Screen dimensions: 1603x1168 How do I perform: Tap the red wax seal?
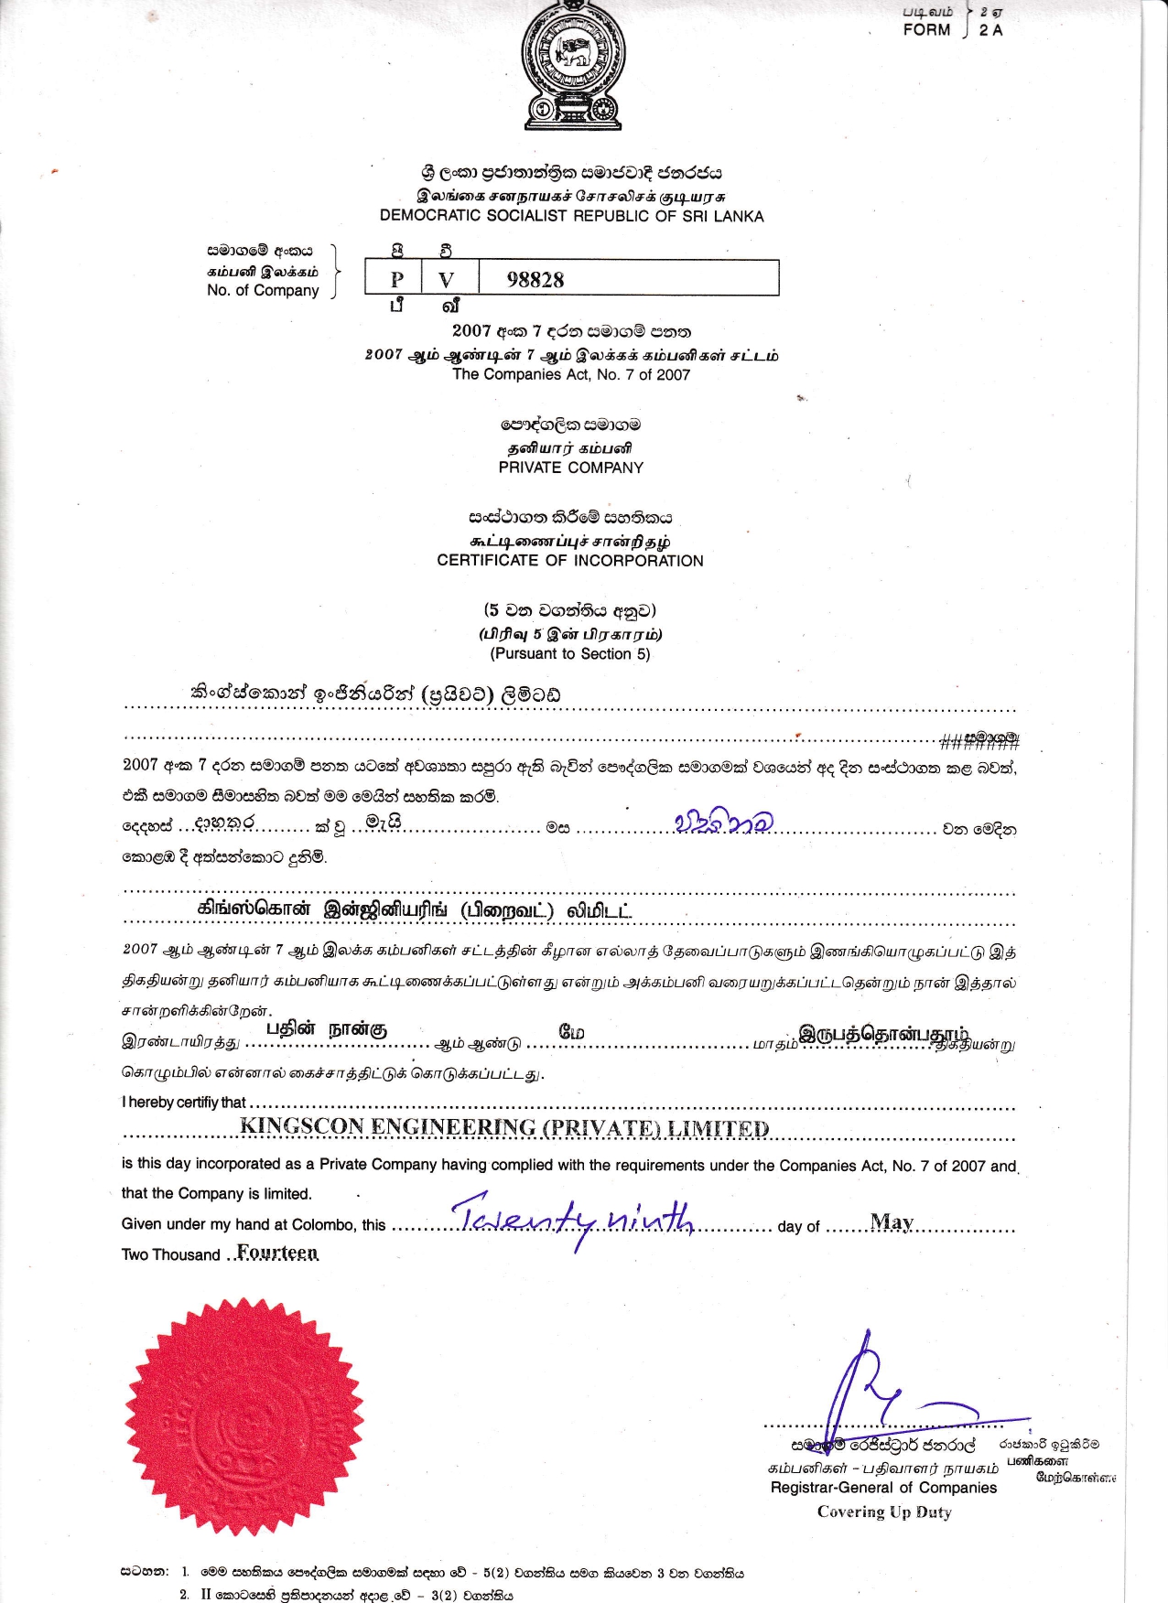243,1415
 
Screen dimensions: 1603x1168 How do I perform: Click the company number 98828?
535,280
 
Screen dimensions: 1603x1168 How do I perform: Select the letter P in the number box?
396,280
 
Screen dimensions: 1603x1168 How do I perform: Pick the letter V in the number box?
446,280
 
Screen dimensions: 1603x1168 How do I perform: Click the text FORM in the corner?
926,29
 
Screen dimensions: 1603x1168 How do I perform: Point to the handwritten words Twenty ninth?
575,1217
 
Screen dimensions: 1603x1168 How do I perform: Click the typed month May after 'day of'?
892,1222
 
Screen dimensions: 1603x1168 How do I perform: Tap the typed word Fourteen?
277,1252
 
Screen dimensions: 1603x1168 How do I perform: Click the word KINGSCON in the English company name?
302,1126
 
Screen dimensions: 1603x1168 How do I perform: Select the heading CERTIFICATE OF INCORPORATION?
570,561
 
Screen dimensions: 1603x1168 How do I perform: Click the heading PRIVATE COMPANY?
571,468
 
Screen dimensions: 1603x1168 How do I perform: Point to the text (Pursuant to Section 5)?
570,653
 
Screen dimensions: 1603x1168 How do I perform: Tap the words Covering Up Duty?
884,1512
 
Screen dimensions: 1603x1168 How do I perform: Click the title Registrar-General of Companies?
883,1487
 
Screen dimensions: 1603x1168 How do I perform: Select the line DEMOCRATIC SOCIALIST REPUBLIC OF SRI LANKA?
572,216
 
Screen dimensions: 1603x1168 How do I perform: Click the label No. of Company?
263,290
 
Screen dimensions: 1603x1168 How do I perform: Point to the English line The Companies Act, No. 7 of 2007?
571,374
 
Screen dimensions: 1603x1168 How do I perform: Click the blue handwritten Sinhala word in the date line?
723,821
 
